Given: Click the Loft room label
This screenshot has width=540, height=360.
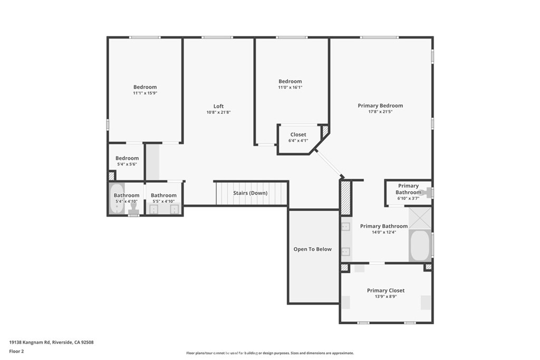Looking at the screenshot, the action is click(x=218, y=106).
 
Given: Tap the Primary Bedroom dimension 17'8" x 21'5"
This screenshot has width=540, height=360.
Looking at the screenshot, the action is click(x=380, y=112).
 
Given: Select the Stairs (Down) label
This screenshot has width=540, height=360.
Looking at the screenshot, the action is click(x=250, y=193).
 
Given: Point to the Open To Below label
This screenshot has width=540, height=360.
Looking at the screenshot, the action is click(x=312, y=249).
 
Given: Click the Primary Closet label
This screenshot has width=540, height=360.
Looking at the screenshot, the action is click(x=385, y=290).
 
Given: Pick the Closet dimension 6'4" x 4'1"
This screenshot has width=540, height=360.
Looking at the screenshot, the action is click(x=298, y=140).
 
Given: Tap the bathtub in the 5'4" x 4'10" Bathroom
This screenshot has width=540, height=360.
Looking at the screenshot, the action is click(x=117, y=199).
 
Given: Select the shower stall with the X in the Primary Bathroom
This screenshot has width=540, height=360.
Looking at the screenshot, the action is click(x=420, y=218).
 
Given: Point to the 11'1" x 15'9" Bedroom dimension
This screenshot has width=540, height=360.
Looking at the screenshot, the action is click(x=145, y=93).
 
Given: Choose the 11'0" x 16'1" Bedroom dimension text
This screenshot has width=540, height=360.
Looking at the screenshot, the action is click(x=290, y=87).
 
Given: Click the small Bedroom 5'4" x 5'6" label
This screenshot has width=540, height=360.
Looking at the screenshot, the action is click(x=127, y=158).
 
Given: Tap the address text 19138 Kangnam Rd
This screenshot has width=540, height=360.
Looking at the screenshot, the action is click(x=30, y=343).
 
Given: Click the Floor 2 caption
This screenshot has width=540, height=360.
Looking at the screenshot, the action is click(x=16, y=352).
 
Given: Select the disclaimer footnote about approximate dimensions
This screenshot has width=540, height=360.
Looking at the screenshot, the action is click(x=270, y=353).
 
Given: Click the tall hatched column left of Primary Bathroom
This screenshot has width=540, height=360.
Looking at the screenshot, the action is click(x=345, y=198).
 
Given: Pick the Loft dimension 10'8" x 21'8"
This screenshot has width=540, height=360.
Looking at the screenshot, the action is click(x=218, y=112).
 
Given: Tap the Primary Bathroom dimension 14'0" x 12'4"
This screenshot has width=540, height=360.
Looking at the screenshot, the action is click(x=384, y=232).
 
